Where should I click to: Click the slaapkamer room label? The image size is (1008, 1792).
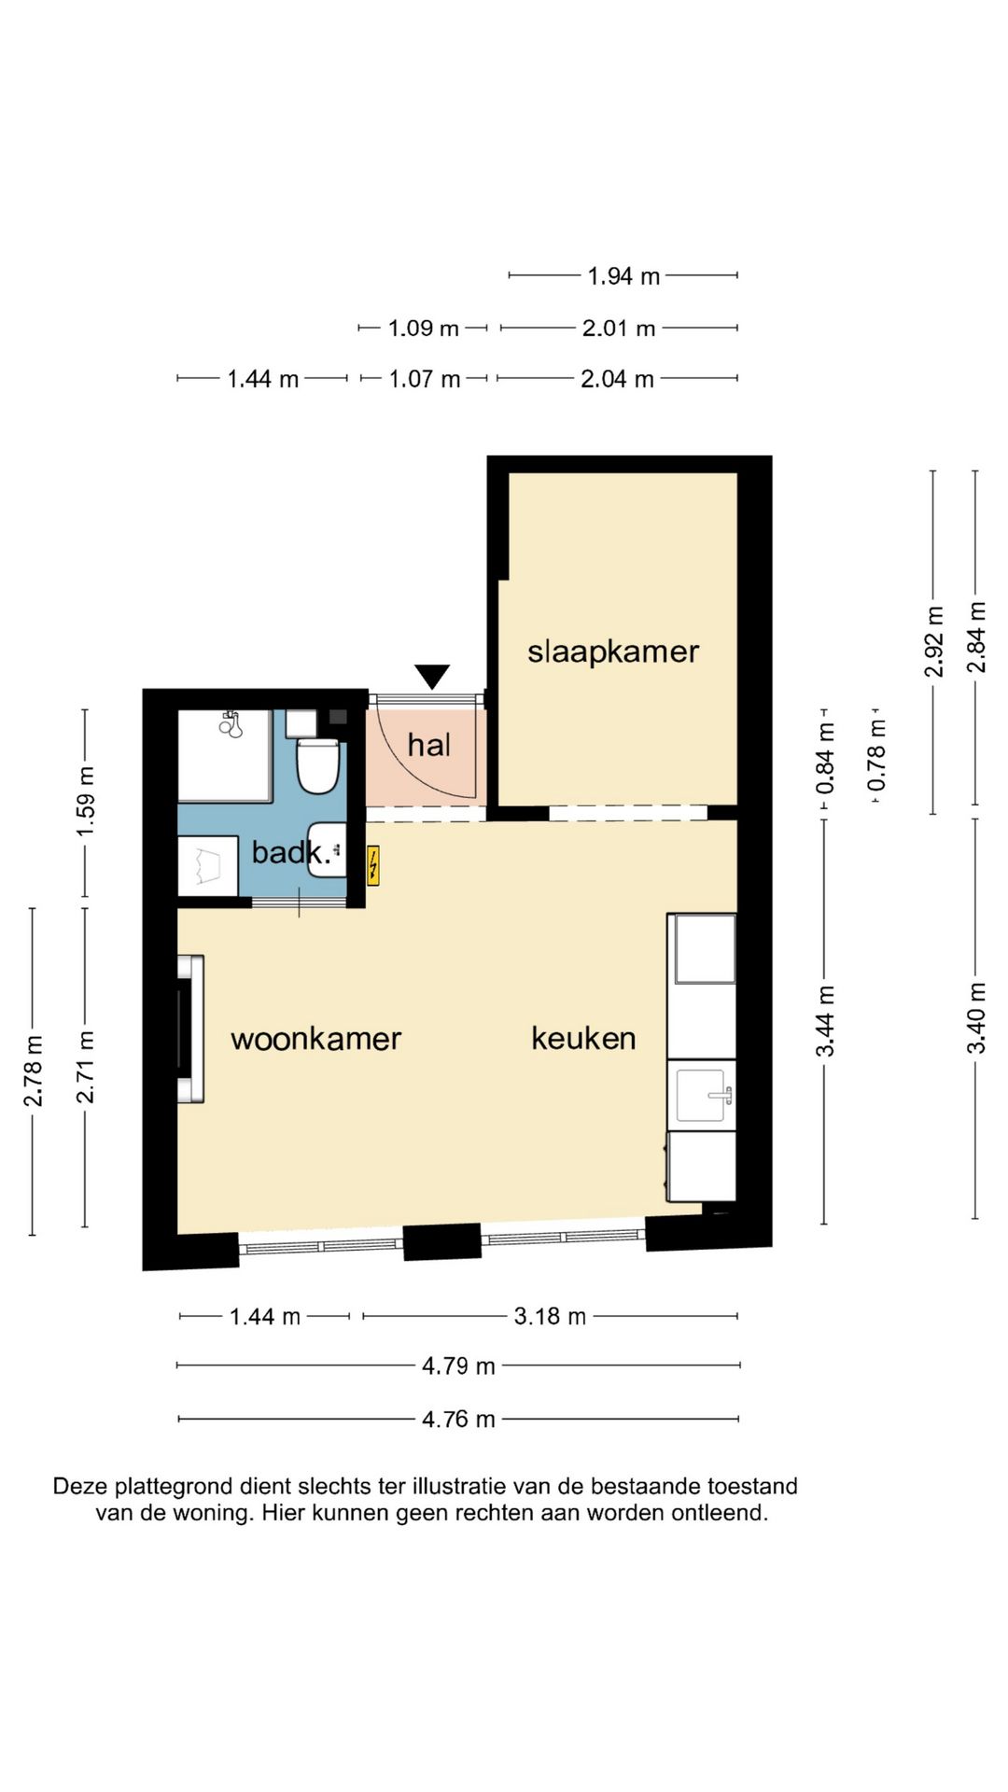[x=613, y=651]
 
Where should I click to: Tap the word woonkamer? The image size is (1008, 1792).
[x=315, y=1038]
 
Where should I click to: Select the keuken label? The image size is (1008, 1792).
[x=583, y=1037]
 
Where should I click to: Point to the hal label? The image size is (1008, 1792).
[x=428, y=744]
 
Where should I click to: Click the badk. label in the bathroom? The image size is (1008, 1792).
[x=291, y=851]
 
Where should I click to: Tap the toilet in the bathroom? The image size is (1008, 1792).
[x=317, y=764]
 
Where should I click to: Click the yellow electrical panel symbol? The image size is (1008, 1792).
[x=373, y=865]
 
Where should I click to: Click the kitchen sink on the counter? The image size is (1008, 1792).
[x=704, y=1094]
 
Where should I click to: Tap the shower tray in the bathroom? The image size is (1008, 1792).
[x=225, y=755]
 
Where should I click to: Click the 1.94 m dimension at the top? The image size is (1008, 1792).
[x=623, y=275]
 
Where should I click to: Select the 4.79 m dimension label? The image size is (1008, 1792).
[x=458, y=1365]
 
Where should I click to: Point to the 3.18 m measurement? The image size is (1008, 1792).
[x=550, y=1316]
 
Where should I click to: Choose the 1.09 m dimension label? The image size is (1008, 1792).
[x=424, y=328]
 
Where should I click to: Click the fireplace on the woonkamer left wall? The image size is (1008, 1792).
[x=191, y=1029]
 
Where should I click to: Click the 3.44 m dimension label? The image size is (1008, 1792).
[x=825, y=1021]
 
